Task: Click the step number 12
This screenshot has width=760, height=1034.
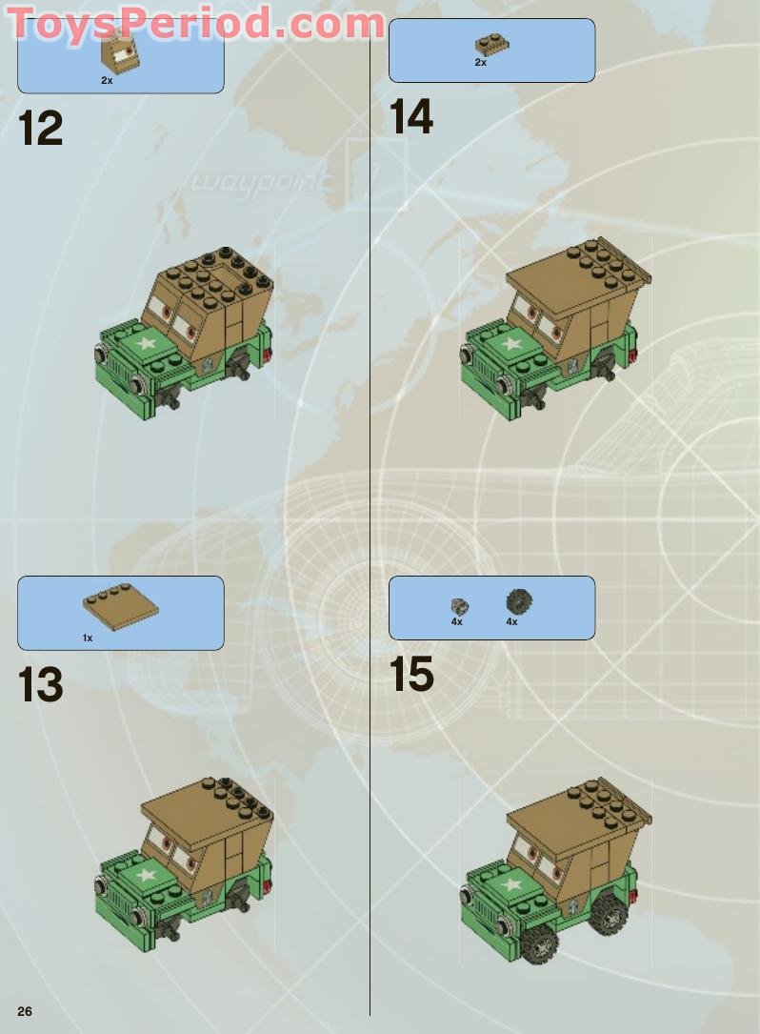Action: [x=41, y=128]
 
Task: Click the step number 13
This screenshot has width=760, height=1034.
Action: [x=41, y=684]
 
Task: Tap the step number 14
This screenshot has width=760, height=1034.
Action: [x=411, y=116]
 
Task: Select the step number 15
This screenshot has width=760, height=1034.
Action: [x=411, y=674]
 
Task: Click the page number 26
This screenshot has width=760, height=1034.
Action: [x=25, y=1011]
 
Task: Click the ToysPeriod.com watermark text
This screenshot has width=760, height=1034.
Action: [x=196, y=23]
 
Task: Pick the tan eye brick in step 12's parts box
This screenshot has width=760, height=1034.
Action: [x=121, y=51]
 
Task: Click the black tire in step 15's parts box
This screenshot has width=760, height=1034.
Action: [x=519, y=601]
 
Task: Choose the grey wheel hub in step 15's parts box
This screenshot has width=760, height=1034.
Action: [x=459, y=606]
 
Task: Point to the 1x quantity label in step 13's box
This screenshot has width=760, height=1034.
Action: [x=88, y=639]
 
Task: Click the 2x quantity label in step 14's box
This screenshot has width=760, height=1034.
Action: [x=481, y=63]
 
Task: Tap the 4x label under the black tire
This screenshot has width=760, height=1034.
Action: [x=511, y=622]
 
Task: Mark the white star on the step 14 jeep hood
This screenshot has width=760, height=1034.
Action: [x=510, y=344]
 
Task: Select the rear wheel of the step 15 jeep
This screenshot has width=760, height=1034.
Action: [x=610, y=913]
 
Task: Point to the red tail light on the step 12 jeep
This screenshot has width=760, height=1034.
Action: [x=268, y=358]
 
